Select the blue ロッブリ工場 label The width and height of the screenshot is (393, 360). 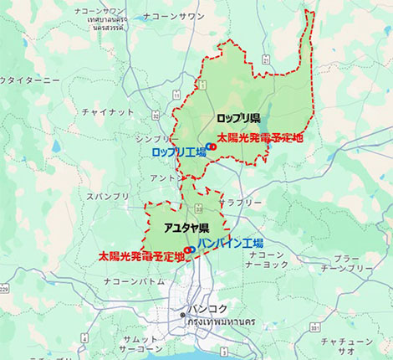178,152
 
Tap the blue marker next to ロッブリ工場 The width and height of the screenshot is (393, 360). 209,147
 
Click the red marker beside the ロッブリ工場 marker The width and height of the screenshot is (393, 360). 214,147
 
